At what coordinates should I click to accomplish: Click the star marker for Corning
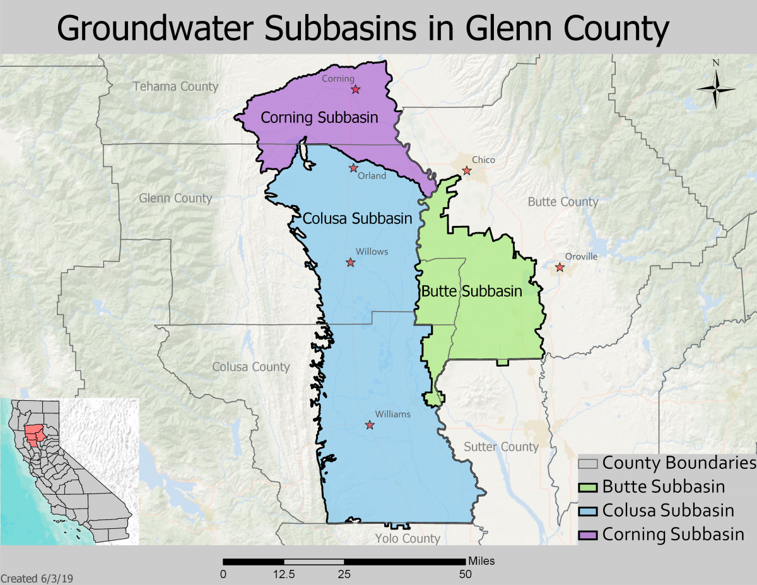click(x=356, y=90)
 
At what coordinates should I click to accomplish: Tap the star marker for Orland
click(x=354, y=168)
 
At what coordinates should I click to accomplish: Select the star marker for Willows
click(x=350, y=263)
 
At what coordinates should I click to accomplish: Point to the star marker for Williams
click(x=370, y=425)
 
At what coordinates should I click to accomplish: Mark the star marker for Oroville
click(x=560, y=268)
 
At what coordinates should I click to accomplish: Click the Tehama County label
click(x=175, y=86)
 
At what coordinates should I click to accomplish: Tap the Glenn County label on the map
click(x=175, y=198)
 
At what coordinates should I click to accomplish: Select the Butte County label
click(x=563, y=201)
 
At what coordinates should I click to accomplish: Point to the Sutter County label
click(x=501, y=447)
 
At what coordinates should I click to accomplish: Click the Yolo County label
click(x=408, y=538)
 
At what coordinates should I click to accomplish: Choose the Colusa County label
click(x=250, y=367)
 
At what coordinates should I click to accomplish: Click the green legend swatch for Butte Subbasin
click(x=588, y=487)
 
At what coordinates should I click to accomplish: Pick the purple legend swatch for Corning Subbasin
click(x=588, y=535)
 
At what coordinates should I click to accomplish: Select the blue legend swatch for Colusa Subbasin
click(x=588, y=511)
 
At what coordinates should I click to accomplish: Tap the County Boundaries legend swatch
click(x=588, y=463)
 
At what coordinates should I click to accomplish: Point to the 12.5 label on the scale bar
click(x=284, y=574)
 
